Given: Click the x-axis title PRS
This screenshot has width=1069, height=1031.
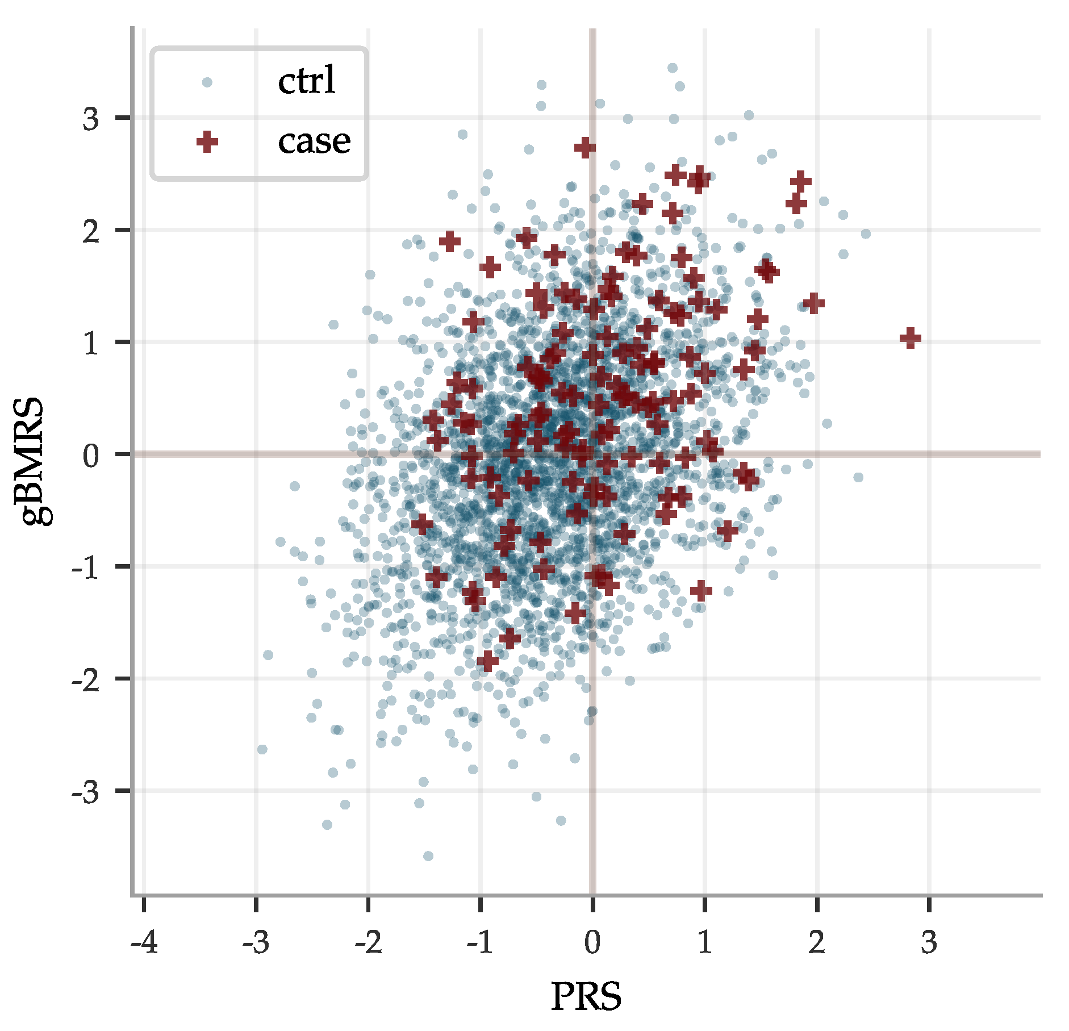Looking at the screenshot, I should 586,996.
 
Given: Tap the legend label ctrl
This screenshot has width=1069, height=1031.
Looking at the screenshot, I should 307,81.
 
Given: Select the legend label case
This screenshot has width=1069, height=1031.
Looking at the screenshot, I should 314,141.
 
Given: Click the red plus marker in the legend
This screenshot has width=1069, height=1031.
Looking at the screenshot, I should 207,141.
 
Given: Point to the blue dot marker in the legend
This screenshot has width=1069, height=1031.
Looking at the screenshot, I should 207,82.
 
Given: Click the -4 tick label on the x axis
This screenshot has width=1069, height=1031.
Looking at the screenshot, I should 144,944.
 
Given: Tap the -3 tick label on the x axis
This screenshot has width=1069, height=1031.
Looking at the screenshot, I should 256,944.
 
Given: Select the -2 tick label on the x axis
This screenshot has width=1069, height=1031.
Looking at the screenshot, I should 369,944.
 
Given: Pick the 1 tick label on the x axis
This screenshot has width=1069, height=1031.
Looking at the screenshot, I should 704,944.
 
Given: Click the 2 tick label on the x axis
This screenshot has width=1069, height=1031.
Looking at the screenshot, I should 817,944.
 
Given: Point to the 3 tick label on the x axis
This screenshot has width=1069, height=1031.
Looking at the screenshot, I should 929,944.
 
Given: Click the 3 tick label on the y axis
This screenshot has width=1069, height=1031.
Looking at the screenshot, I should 91,119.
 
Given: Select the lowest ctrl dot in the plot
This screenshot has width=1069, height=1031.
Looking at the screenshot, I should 428,856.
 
